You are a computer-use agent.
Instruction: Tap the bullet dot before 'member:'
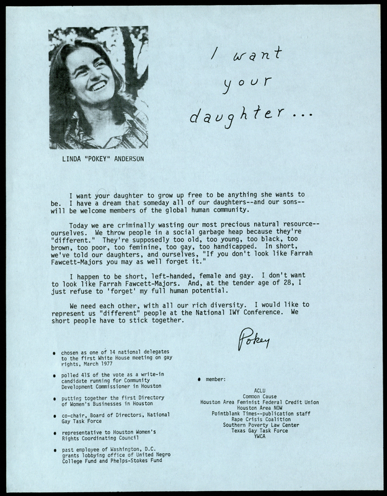click(x=199, y=378)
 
